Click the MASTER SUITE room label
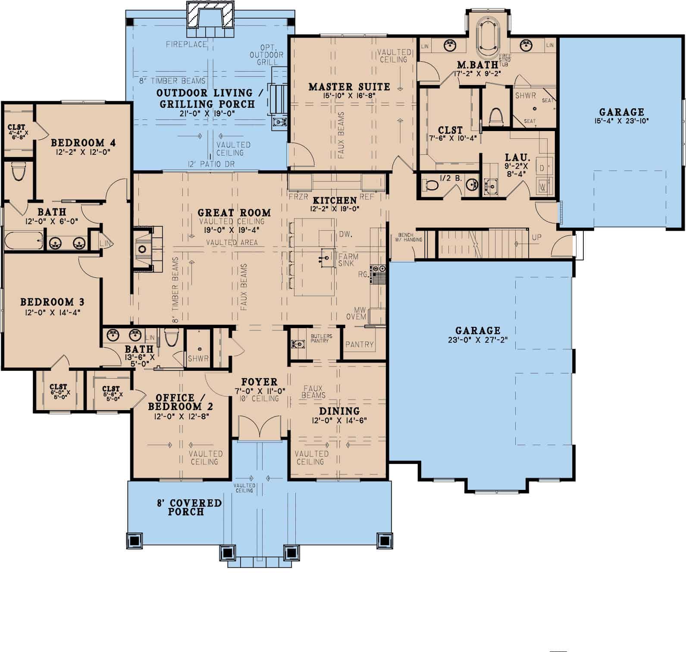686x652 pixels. point(349,87)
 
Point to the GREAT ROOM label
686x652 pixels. point(234,213)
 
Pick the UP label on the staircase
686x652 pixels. point(537,238)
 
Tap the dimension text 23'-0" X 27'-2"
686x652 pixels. point(478,340)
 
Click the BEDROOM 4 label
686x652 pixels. point(83,143)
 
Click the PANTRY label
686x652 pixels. point(359,344)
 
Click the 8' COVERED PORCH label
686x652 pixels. point(189,508)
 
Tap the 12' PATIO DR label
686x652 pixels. point(211,164)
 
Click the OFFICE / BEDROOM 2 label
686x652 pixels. point(180,402)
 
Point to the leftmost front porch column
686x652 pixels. point(135,540)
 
